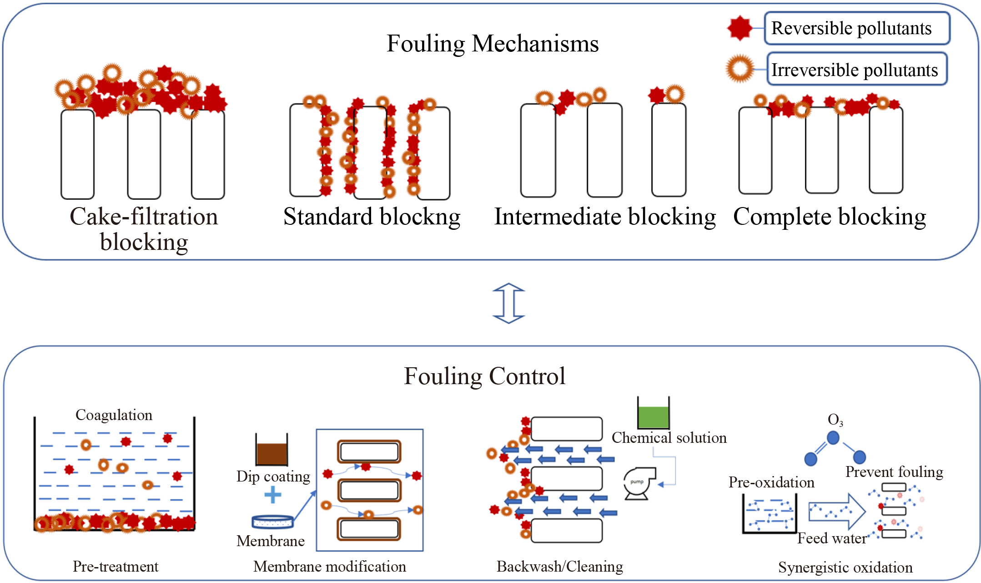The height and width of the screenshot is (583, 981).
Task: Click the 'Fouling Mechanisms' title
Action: click(x=493, y=44)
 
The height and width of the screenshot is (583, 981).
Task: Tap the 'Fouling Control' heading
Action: click(x=484, y=376)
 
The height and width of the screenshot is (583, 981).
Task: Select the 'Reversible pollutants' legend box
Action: click(x=857, y=28)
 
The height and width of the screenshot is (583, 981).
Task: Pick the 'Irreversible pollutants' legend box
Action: click(x=857, y=70)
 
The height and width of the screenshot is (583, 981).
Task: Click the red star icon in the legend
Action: click(x=740, y=28)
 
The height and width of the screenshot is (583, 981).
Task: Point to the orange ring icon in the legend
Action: click(x=740, y=69)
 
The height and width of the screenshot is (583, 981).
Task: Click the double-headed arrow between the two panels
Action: click(x=509, y=303)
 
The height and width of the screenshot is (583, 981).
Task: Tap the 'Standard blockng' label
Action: click(x=372, y=217)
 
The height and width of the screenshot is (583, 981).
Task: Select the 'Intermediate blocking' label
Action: click(x=605, y=217)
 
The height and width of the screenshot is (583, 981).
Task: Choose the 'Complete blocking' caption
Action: click(x=830, y=217)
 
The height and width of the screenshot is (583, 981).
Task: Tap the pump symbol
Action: click(x=639, y=483)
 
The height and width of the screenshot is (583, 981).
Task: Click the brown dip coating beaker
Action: click(x=272, y=451)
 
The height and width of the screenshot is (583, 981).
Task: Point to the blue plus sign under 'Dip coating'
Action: click(x=272, y=495)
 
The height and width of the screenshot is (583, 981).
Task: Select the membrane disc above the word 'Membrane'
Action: click(x=272, y=522)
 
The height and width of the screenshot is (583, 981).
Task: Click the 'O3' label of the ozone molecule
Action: click(x=835, y=420)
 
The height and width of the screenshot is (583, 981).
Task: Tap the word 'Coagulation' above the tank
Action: click(x=114, y=415)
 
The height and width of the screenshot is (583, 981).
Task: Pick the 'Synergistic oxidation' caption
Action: click(x=845, y=568)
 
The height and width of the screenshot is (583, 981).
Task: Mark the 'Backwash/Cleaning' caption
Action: click(x=559, y=567)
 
